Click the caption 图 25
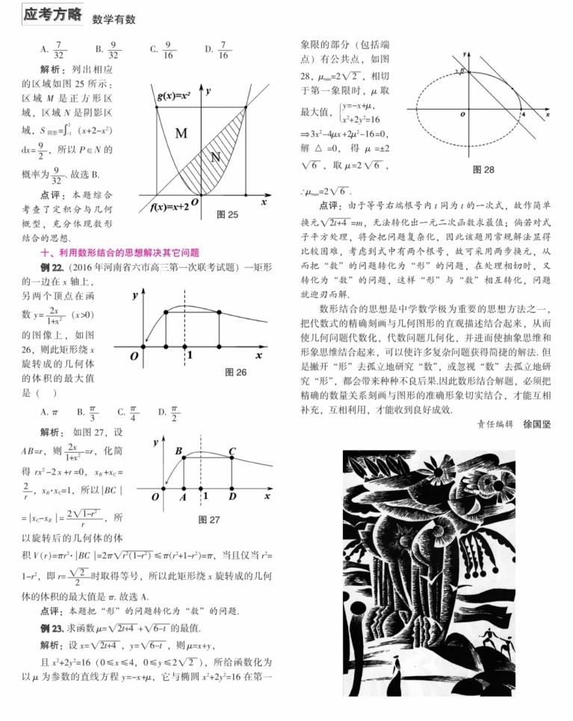(226, 214)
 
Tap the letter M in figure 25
(181, 134)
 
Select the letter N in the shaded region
(216, 156)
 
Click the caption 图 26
(235, 371)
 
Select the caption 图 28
(483, 170)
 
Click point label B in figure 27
(179, 451)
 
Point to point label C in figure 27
(232, 451)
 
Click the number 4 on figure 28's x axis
(522, 114)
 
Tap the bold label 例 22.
(52, 267)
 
